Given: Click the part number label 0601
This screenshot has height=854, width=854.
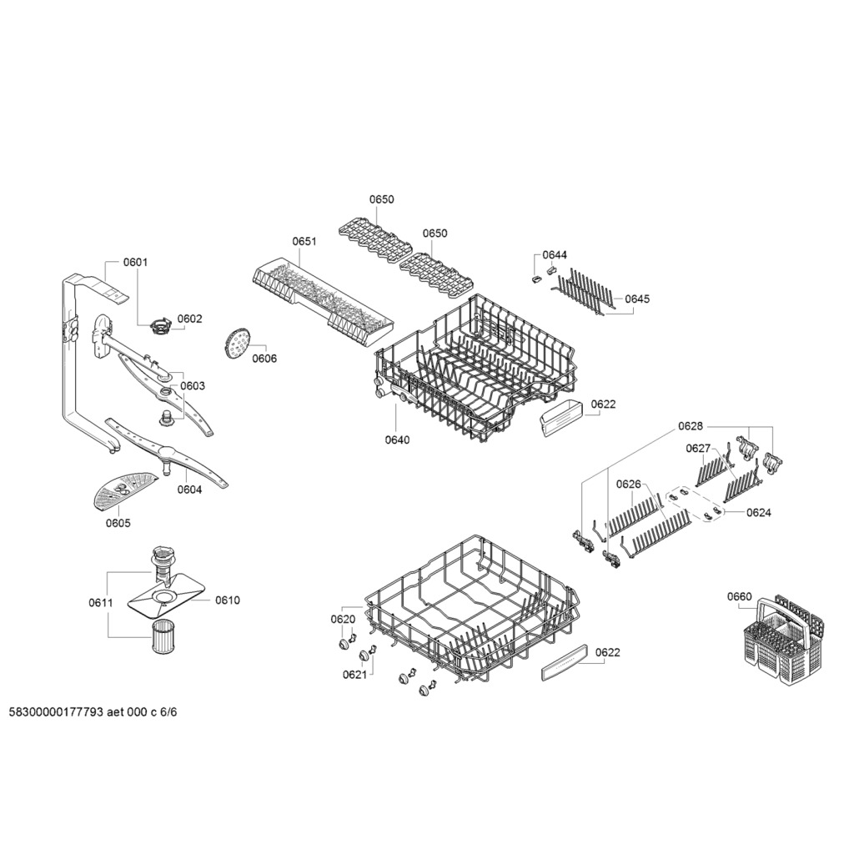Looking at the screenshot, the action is click(135, 262).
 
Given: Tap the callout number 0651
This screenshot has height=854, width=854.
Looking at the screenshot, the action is click(304, 241).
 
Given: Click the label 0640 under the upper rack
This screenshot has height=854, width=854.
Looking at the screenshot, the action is click(397, 440).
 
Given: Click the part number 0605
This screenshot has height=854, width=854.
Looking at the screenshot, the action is click(118, 523).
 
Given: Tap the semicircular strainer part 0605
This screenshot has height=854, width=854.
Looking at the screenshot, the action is click(123, 489).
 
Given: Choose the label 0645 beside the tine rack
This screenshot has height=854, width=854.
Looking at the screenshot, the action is click(637, 299).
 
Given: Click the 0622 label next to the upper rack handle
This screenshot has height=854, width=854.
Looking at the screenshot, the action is click(604, 404).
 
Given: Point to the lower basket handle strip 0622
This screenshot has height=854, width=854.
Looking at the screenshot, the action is click(565, 661).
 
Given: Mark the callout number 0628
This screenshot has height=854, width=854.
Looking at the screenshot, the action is click(691, 426).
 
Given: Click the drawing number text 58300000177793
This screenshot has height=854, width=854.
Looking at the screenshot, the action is click(57, 712).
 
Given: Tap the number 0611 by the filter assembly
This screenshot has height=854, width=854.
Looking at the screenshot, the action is click(101, 602).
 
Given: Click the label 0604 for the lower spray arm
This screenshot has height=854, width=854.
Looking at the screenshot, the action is click(189, 490).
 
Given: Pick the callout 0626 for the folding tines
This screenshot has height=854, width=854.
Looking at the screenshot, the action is click(629, 484).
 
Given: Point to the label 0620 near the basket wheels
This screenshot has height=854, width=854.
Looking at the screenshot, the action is click(343, 619).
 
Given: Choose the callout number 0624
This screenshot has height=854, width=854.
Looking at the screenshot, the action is click(759, 512).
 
